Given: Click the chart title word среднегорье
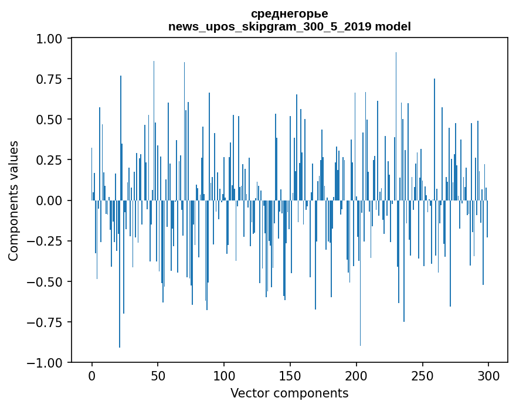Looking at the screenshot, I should coord(289,13).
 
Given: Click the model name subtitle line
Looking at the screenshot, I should coord(289,26).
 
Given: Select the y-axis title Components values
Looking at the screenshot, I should coord(13,200).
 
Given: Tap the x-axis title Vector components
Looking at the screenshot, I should coord(289,393).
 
